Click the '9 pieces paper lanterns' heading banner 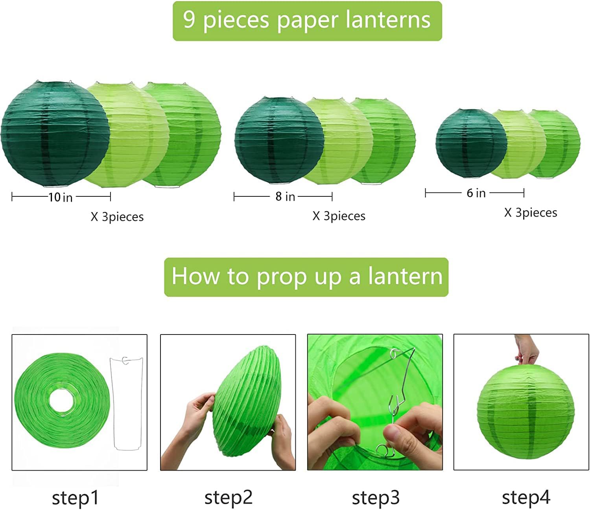(307, 21)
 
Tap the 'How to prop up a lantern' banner (306, 277)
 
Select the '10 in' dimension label (61, 197)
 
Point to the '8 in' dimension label (285, 196)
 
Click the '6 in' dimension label (476, 193)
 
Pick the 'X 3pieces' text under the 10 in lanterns (117, 217)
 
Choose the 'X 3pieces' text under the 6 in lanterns (531, 213)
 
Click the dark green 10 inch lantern (55, 134)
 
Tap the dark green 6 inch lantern (471, 143)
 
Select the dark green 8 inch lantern (279, 140)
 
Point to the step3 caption (376, 498)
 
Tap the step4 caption (526, 497)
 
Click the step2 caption (229, 497)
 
